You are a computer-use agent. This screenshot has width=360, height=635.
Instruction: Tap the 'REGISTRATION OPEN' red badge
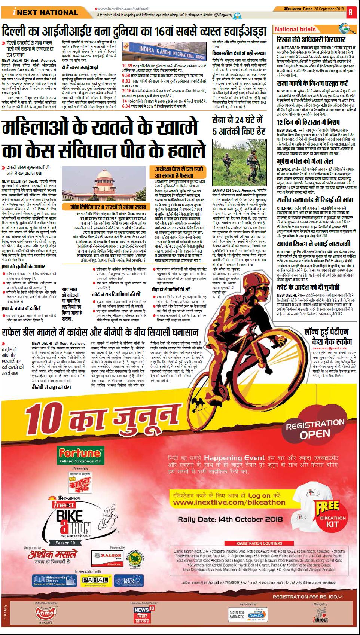(x=314, y=428)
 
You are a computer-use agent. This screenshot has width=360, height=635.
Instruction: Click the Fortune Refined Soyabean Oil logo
(x=80, y=455)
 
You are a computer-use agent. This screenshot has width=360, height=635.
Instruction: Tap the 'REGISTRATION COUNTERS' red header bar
(x=259, y=543)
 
